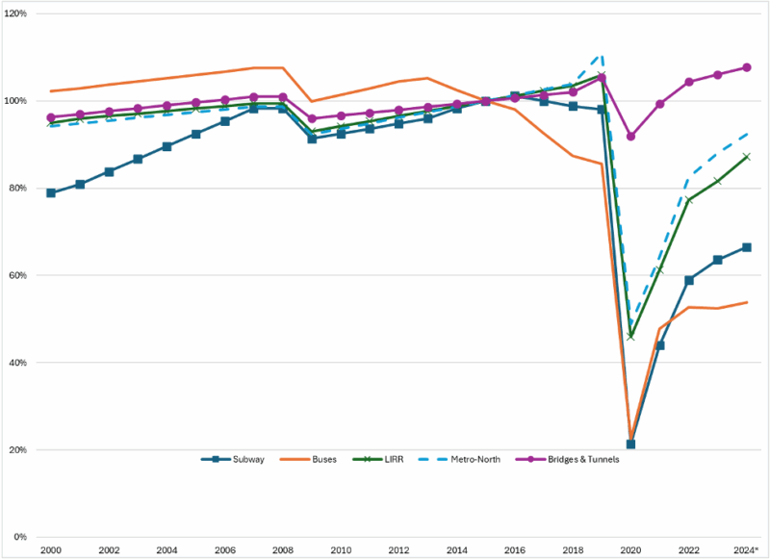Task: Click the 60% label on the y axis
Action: [20, 275]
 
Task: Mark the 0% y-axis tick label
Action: [22, 537]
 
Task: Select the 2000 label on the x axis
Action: [51, 550]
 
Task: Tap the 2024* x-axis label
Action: [745, 550]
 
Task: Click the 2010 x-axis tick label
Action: [340, 550]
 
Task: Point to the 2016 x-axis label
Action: [514, 550]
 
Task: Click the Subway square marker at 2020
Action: [630, 445]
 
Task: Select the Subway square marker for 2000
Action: [51, 192]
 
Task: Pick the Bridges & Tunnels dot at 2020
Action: [630, 137]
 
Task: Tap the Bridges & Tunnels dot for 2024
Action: [746, 67]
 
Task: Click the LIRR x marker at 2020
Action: [630, 336]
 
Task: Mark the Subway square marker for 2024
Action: [746, 247]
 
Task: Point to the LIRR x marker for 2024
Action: [746, 156]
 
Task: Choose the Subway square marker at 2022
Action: [688, 280]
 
